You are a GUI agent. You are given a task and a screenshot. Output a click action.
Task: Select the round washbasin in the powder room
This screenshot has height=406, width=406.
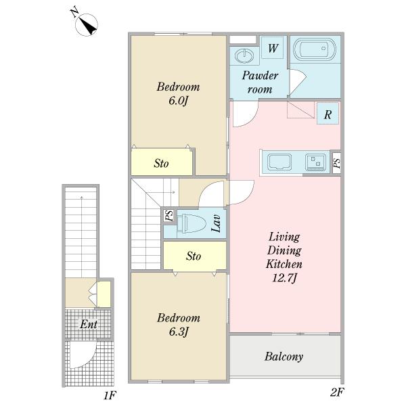tap(244, 55)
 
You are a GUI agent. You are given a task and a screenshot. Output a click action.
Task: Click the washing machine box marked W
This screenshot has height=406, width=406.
tap(273, 47)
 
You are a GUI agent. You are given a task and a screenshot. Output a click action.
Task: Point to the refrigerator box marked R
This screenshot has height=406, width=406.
tap(328, 114)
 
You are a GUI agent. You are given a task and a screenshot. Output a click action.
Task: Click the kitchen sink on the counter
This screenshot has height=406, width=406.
tap(279, 162)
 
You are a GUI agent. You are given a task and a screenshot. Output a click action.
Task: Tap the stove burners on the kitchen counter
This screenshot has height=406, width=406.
tap(315, 162)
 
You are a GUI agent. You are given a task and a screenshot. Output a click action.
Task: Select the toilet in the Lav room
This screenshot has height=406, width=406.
tap(191, 223)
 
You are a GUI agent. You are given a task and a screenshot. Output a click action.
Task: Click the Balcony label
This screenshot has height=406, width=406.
tap(284, 357)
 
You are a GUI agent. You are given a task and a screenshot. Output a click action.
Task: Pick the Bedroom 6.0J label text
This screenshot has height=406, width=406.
tap(178, 93)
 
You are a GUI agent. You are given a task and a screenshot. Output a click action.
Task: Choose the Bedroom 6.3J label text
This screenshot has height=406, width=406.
tap(179, 325)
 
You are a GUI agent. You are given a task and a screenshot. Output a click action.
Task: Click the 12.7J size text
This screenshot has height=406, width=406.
tap(284, 278)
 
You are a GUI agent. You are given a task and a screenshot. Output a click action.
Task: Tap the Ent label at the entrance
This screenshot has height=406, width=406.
tap(89, 324)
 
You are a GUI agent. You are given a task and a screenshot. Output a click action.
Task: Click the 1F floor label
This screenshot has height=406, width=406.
tap(110, 396)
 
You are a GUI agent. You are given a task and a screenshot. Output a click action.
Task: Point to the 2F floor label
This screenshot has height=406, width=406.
tap(337, 392)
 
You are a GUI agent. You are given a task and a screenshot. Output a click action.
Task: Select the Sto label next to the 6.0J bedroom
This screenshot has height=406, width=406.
tap(161, 163)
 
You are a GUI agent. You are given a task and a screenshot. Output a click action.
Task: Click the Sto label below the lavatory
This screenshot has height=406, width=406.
tap(194, 256)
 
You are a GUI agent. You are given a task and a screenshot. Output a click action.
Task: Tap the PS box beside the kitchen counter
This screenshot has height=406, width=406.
tap(336, 163)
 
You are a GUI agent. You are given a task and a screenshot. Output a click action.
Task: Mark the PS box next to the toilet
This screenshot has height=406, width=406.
tap(169, 215)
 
